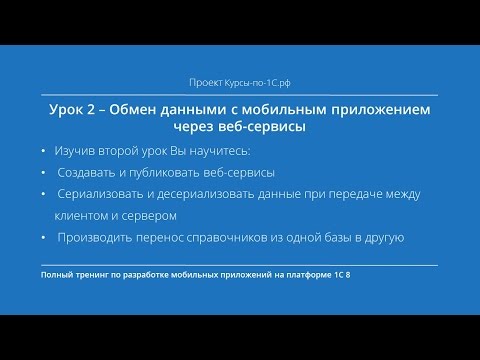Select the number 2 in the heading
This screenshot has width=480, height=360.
(x=90, y=109)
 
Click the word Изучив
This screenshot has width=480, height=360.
(x=77, y=150)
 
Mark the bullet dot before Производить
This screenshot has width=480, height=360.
(x=44, y=237)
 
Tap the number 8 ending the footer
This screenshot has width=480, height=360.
(x=348, y=274)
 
